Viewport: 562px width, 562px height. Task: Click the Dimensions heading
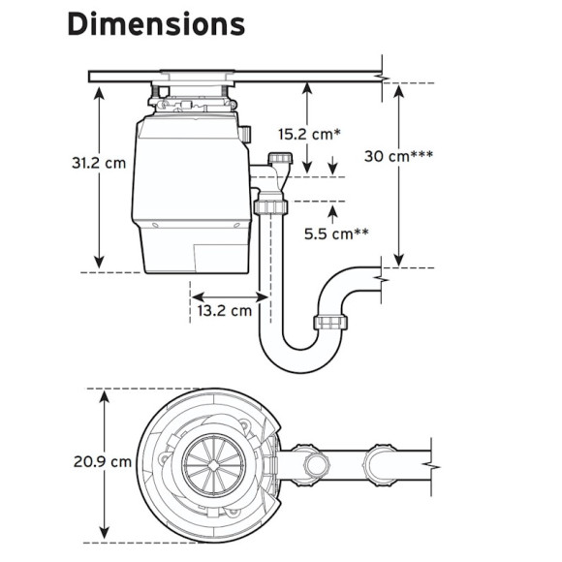pos(156,24)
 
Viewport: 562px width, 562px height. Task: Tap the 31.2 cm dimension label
pos(99,163)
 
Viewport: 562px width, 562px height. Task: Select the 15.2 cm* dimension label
pos(309,135)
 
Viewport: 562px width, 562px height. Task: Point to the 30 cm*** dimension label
pos(398,156)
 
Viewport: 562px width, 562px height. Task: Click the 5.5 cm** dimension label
pos(336,234)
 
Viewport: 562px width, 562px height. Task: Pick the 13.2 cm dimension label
pos(225,310)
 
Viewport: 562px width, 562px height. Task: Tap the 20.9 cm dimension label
pos(103,461)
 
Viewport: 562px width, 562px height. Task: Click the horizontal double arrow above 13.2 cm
pos(230,297)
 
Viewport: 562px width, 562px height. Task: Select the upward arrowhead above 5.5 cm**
pos(333,212)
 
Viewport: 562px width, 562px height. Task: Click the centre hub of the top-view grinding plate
pos(213,465)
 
